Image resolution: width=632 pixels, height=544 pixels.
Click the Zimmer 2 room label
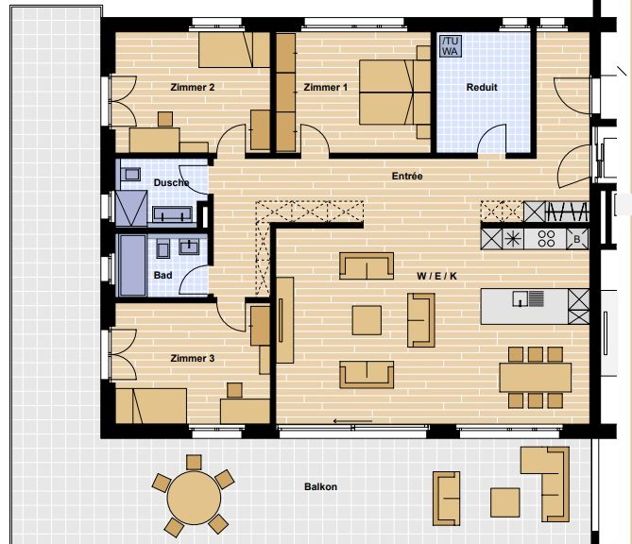(x=193, y=87)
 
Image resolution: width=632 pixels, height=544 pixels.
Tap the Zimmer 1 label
(x=325, y=87)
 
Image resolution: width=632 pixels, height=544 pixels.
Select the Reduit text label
(x=482, y=87)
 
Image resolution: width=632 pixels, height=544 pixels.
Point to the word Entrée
(x=407, y=176)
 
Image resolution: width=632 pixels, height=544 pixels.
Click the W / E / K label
(x=436, y=276)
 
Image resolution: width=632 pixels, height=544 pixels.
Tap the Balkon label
(x=320, y=486)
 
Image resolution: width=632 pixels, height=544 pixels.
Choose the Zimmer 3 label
(x=193, y=358)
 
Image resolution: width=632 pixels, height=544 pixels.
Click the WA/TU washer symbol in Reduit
(x=451, y=46)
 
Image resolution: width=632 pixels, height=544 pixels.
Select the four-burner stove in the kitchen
(x=546, y=239)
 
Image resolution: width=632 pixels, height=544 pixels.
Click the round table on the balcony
(x=194, y=498)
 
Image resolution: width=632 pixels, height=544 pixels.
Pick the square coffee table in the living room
(x=367, y=320)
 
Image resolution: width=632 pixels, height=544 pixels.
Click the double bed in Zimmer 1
(x=395, y=93)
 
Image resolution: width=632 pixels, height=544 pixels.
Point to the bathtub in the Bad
(x=132, y=264)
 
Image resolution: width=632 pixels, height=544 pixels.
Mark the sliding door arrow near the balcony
(x=352, y=421)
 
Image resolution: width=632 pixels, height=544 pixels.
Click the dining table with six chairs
(x=536, y=378)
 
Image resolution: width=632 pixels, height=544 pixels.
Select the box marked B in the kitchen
(x=577, y=239)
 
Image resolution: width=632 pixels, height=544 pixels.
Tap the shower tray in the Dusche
(x=132, y=209)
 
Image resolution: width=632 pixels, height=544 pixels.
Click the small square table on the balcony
(x=505, y=502)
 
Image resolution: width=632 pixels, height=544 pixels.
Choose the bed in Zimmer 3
(x=151, y=406)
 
